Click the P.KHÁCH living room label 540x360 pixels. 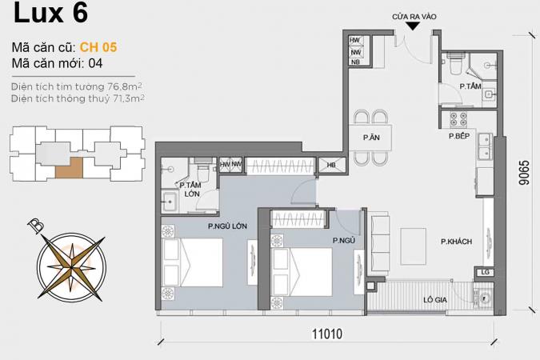pos(456,242)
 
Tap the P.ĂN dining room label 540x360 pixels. pos(371,138)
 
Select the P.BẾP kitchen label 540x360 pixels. pos(459,136)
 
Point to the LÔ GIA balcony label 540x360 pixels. pos(435,300)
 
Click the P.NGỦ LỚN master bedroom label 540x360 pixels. pos(227,226)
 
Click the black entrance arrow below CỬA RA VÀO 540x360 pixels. pos(413,26)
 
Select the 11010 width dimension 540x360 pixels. pos(327,334)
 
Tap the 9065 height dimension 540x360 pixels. pos(524,173)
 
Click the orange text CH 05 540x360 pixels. pos(98,47)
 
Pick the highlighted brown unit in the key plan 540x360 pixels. pos(70,168)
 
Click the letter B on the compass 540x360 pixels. pos(36,225)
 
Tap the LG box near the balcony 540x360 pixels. pos(485,272)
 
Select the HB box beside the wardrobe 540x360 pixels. pos(331,165)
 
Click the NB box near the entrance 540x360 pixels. pos(355,62)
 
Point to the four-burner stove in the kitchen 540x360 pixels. pos(458,119)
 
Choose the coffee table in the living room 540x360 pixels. pos(413,246)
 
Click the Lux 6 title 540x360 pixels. pos(50,13)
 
